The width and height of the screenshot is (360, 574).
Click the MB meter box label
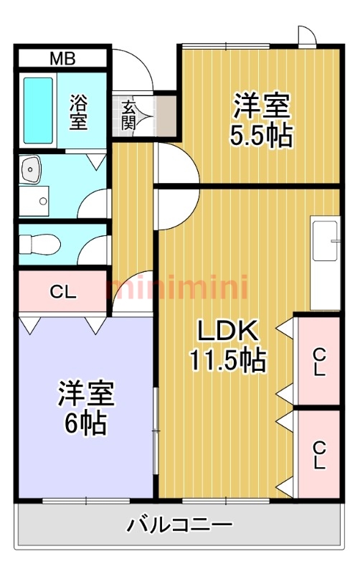62,58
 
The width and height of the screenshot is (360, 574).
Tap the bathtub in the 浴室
38,110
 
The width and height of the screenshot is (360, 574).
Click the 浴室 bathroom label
78,112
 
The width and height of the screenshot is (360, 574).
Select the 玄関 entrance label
129,116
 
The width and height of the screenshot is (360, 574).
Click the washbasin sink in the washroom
31,169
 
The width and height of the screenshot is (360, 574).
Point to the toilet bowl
39,244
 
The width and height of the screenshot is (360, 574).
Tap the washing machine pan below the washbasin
34,201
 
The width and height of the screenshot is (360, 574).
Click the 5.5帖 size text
261,136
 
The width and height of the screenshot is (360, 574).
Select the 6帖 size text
86,423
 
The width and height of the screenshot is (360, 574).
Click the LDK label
228,330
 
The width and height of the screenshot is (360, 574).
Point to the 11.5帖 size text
227,360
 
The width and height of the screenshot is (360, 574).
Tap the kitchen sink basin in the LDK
325,240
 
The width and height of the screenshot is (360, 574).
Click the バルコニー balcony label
179,525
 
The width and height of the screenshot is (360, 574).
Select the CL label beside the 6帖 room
63,292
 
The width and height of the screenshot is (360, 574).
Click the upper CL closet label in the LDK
319,362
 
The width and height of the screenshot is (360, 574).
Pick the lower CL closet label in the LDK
319,455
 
